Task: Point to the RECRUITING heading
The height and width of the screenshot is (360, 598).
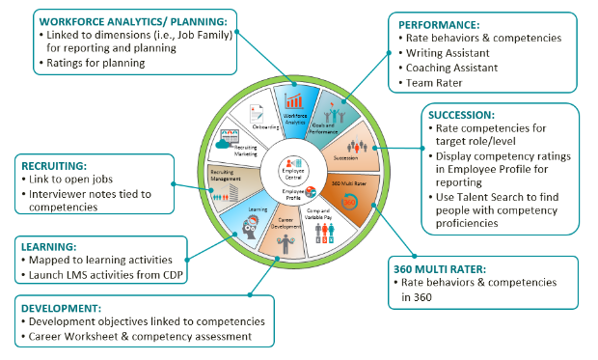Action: (x=53, y=164)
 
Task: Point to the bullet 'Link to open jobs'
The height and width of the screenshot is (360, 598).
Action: (x=79, y=180)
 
